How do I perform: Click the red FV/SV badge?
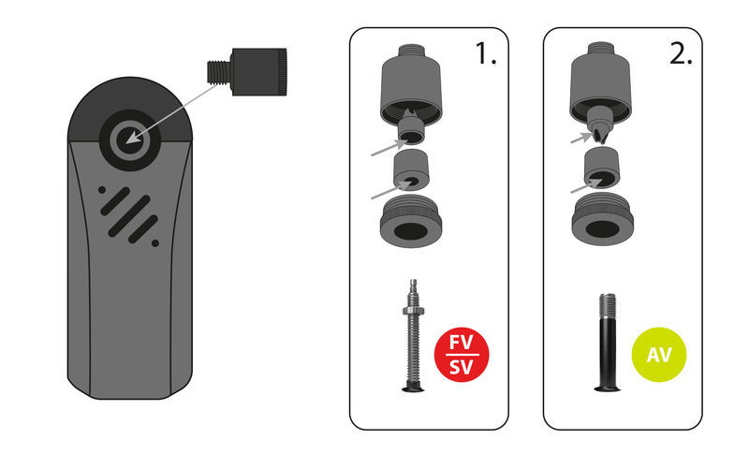tap(462, 354)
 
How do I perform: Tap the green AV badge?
tap(659, 354)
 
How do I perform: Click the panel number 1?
tap(485, 53)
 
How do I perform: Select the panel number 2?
tap(681, 53)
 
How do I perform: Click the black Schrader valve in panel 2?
tap(607, 343)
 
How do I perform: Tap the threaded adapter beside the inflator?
tap(247, 71)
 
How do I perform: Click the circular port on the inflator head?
tap(129, 139)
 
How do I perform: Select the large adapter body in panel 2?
tap(600, 82)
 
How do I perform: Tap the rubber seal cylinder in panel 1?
tap(411, 170)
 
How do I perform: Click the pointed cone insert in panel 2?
tap(601, 124)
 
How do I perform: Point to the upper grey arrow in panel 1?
tap(389, 148)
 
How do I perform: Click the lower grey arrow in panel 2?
tap(586, 186)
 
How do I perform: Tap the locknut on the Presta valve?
tap(413, 312)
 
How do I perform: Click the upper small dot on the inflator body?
tap(102, 190)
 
